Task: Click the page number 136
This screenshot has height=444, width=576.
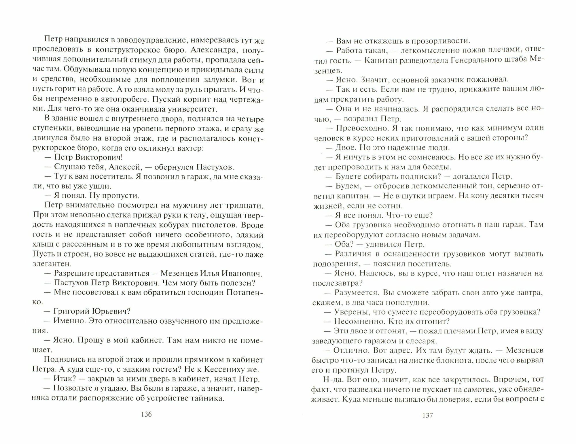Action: tap(146, 414)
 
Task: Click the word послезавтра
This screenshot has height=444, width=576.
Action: tap(337, 283)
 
